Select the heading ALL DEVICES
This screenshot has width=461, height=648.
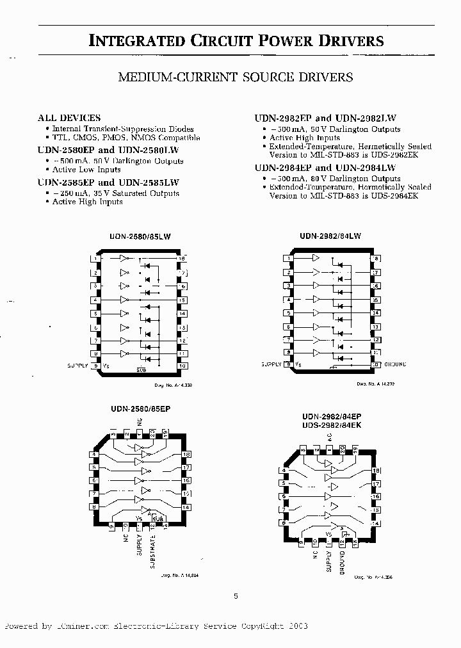point(69,118)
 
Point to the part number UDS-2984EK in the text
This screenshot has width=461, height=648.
point(396,196)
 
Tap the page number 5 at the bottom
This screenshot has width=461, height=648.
point(236,596)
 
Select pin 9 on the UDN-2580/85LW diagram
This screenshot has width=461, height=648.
point(95,366)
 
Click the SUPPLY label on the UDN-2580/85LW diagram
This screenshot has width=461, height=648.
point(77,366)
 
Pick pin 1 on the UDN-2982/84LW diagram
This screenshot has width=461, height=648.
point(289,259)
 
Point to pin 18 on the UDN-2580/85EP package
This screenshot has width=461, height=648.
point(186,455)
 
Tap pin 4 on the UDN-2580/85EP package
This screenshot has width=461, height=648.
point(95,455)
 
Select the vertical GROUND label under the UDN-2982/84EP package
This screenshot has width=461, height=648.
point(342,560)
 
